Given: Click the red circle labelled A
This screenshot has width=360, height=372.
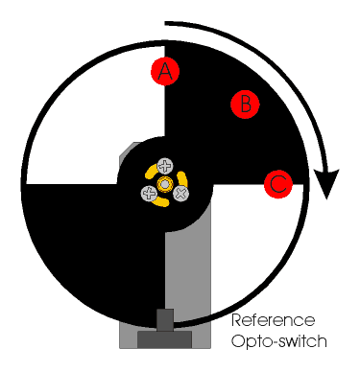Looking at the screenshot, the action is [x=165, y=71].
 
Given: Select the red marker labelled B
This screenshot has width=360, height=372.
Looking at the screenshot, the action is [x=245, y=105].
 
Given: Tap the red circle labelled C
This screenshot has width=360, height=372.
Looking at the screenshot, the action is [x=278, y=184].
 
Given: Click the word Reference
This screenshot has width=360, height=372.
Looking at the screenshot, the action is [x=273, y=320].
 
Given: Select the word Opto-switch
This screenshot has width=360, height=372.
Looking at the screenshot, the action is [x=279, y=341].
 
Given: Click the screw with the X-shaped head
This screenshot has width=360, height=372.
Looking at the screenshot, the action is [x=180, y=194].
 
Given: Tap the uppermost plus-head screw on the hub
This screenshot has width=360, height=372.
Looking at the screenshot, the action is [x=165, y=166].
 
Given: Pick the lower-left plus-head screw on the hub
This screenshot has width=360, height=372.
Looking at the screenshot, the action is [x=149, y=194].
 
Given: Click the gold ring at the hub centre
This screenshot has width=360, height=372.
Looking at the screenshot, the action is [x=165, y=184].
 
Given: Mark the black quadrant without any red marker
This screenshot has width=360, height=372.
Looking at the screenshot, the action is [x=96, y=249].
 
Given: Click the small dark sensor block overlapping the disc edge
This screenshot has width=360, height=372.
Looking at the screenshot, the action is [x=165, y=319].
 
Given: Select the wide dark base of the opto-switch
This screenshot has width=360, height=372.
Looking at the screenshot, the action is [x=165, y=339].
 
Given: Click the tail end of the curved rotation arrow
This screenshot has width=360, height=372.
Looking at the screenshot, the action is [x=165, y=23].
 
